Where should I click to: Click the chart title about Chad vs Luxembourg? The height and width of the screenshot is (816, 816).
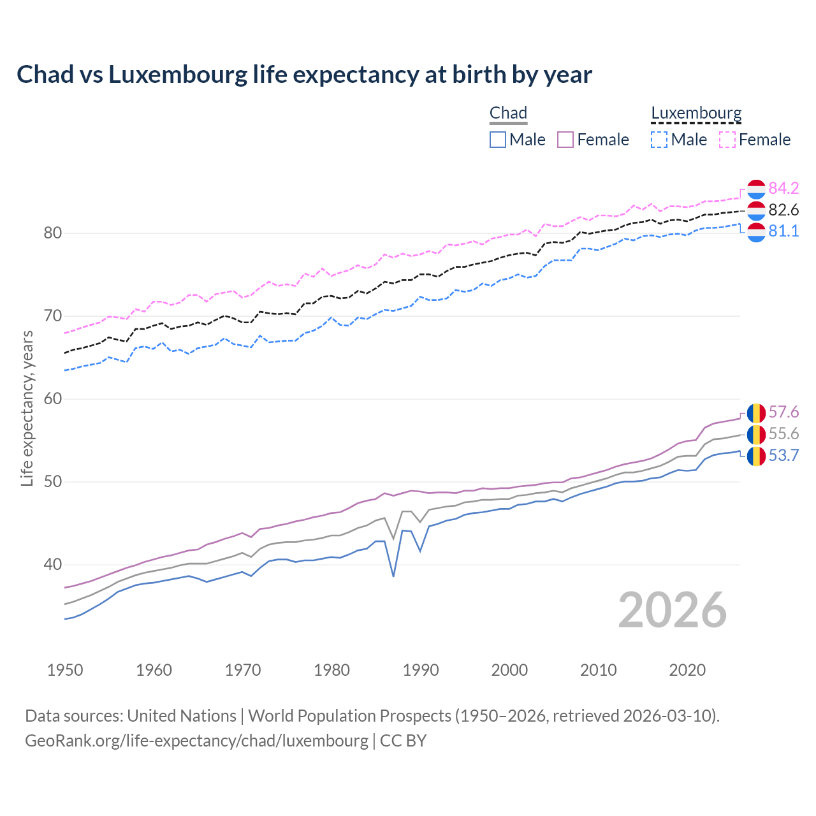(304, 75)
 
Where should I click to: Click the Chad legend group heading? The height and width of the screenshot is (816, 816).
(508, 113)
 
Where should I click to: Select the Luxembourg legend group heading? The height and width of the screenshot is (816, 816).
(696, 113)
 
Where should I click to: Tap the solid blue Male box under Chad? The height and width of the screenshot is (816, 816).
(498, 140)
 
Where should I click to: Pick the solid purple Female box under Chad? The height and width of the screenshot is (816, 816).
(565, 140)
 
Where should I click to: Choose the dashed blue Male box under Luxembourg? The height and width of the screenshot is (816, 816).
(659, 140)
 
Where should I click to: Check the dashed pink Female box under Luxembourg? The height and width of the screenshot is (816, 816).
(727, 140)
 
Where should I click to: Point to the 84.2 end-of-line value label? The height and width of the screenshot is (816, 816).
(783, 188)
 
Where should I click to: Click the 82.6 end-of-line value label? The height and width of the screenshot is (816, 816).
(783, 210)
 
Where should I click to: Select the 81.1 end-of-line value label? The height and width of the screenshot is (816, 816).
(783, 231)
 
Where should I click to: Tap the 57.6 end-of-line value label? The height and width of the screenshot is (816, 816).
(783, 412)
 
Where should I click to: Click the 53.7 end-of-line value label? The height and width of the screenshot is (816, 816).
(783, 455)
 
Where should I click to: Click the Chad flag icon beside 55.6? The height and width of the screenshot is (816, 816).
(756, 434)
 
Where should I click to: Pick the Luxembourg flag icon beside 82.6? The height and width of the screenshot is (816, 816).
(756, 210)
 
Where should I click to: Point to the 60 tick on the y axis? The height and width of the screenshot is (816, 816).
(53, 399)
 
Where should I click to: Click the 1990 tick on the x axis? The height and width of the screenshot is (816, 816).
(421, 670)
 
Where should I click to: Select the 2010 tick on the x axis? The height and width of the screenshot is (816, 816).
(598, 670)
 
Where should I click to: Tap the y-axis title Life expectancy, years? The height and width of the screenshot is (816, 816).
(27, 408)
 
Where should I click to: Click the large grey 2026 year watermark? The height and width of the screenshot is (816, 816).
(673, 610)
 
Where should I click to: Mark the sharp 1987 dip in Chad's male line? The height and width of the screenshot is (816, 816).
(393, 576)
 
